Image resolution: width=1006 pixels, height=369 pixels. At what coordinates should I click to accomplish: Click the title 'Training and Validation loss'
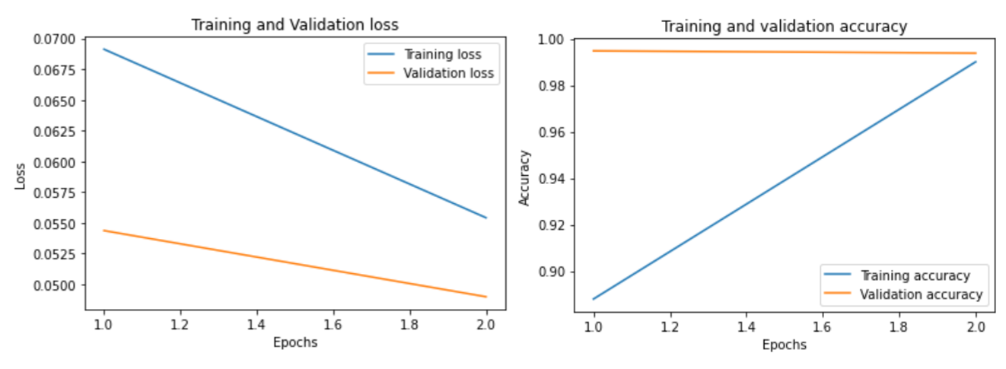pyautogui.click(x=294, y=24)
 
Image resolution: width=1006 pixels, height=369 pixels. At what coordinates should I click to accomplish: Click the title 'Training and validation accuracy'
pyautogui.click(x=784, y=27)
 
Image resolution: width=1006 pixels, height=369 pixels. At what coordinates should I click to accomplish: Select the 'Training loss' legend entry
pyautogui.click(x=442, y=54)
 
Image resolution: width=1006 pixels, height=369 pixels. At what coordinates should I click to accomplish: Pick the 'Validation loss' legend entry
pyautogui.click(x=449, y=74)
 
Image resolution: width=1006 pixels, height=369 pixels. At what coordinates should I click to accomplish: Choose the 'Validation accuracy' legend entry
pyautogui.click(x=921, y=294)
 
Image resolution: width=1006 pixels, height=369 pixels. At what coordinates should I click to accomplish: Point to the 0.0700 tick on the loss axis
pyautogui.click(x=55, y=40)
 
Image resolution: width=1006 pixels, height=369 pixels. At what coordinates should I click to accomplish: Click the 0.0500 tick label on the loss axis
pyautogui.click(x=55, y=285)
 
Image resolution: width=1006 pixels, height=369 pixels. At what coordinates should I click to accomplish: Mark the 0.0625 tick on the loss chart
pyautogui.click(x=55, y=132)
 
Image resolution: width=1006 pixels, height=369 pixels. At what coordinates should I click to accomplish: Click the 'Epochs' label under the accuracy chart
pyautogui.click(x=784, y=345)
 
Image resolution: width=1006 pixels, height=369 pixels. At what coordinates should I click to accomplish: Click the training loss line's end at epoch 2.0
pyautogui.click(x=486, y=218)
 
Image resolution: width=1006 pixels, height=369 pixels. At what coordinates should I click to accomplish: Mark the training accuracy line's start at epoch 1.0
pyautogui.click(x=593, y=299)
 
